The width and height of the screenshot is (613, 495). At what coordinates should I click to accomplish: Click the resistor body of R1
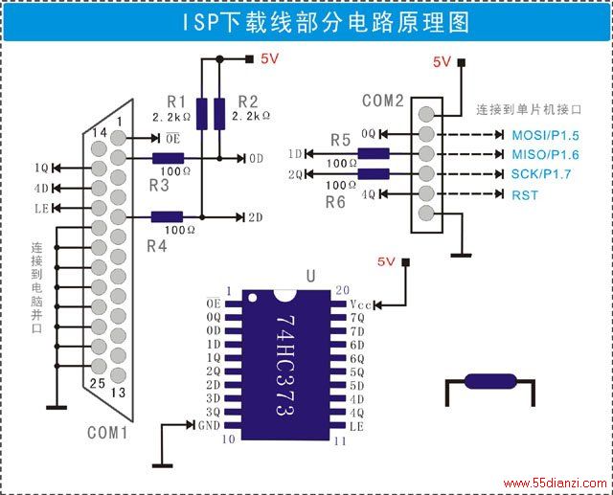pos(202,114)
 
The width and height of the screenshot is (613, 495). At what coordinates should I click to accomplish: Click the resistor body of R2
pos(219,114)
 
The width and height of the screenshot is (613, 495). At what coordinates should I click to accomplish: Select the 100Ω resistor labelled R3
pos(169,158)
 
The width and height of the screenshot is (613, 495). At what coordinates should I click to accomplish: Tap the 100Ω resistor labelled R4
pos(167,216)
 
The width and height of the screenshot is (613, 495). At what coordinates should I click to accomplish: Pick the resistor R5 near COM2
pos(374,153)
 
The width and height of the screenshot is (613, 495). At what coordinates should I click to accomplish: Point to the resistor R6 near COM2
pos(374,174)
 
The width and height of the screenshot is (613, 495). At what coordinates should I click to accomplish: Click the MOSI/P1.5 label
pos(545,135)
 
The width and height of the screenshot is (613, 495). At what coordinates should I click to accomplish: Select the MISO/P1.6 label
pos(545,154)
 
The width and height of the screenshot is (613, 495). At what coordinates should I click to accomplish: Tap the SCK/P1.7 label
pos(541,174)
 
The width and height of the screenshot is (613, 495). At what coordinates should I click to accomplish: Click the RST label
pos(525,195)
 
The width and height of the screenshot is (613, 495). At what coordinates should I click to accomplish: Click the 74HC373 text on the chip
pos(285,365)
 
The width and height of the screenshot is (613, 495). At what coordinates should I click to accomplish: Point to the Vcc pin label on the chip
pos(360,304)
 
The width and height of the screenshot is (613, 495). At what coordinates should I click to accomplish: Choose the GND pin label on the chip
pos(209,425)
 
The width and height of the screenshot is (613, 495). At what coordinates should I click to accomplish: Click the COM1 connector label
pos(107,433)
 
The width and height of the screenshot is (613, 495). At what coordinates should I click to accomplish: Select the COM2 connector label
pos(383,101)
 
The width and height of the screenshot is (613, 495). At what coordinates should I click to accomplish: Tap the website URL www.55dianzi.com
pos(556,484)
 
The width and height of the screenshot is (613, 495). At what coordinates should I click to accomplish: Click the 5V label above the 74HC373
pos(386,261)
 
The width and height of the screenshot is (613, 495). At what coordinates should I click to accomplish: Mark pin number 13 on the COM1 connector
pos(118,393)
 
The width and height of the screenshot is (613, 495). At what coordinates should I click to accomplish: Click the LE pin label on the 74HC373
pos(356,427)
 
